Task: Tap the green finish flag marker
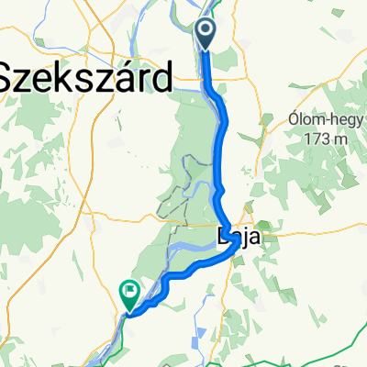pyautogui.click(x=129, y=295)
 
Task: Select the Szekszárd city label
pyautogui.click(x=84, y=78)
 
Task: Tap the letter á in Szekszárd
pyautogui.click(x=128, y=77)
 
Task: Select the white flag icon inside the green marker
pyautogui.click(x=129, y=293)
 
